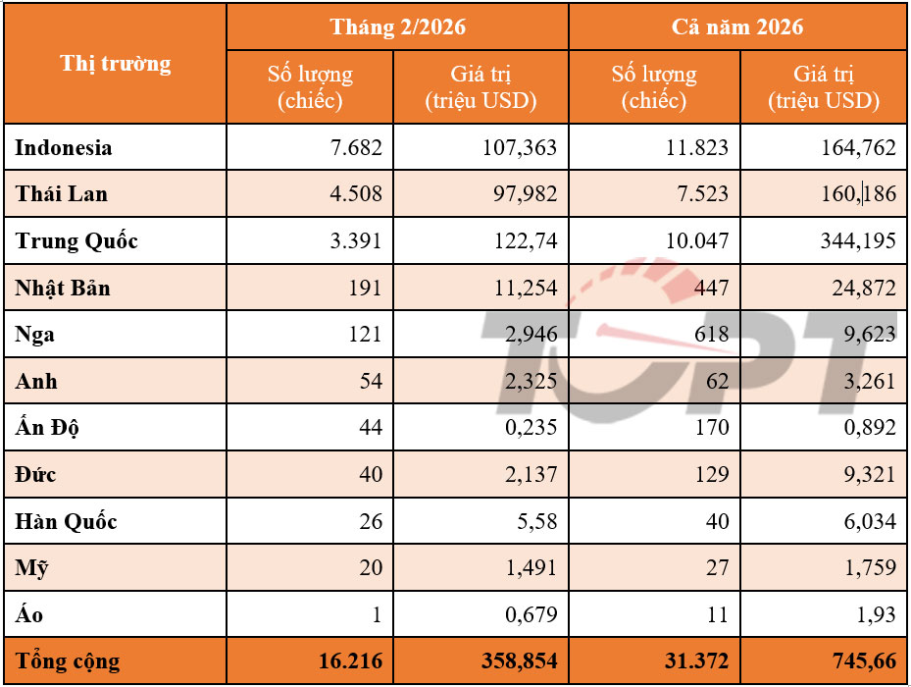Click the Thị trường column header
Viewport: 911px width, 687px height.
click(115, 65)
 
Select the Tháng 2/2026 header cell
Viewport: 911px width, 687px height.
click(397, 26)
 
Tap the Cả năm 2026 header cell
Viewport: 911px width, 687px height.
click(737, 26)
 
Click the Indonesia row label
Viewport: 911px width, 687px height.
click(64, 148)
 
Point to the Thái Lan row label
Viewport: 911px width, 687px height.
click(62, 194)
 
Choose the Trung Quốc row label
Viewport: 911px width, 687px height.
click(76, 241)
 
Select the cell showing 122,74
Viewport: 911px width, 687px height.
click(524, 241)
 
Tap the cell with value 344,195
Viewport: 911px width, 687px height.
click(858, 241)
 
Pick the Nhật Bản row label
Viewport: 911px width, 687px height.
click(63, 289)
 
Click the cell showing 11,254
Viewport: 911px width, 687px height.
click(524, 289)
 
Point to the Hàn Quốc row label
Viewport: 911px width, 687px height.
click(67, 522)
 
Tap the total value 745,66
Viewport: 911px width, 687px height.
click(858, 661)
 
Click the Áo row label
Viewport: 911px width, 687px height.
click(29, 615)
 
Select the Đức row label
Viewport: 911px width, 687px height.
click(36, 475)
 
